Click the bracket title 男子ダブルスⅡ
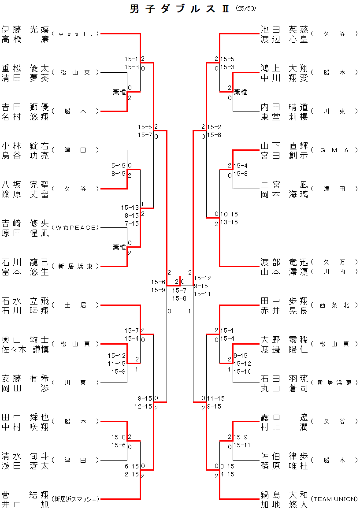[180, 9]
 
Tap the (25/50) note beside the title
[246, 8]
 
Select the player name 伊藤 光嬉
[25, 30]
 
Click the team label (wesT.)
[75, 33]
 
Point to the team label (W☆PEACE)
[75, 227]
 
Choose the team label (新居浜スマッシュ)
[75, 499]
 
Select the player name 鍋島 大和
[285, 495]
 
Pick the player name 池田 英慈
[285, 30]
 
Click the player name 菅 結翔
[25, 495]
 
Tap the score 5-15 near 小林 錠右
[119, 166]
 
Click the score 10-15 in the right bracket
[229, 214]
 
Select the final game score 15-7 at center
[179, 290]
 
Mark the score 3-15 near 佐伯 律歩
[227, 466]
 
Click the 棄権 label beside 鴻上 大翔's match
[240, 92]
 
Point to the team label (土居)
[75, 305]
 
